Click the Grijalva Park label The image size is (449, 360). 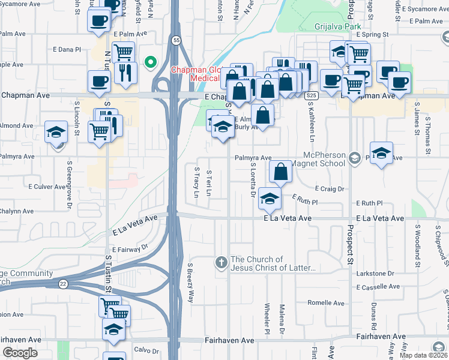[x=339, y=27]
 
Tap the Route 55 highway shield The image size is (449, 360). [x=175, y=40]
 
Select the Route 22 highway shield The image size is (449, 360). [x=62, y=282]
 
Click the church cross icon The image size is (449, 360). [x=221, y=262]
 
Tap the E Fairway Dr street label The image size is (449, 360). [x=130, y=247]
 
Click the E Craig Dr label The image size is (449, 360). [x=329, y=188]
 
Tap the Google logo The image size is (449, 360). [x=20, y=352]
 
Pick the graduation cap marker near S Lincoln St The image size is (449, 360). [x=56, y=133]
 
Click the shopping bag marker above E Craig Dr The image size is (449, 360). [x=280, y=172]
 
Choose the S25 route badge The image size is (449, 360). [x=310, y=96]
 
